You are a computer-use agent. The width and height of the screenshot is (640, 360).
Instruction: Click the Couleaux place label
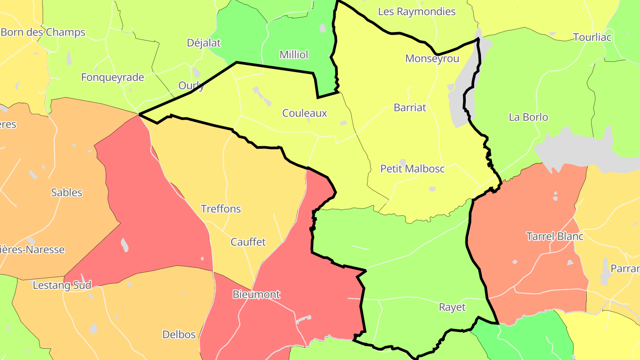(x=304, y=113)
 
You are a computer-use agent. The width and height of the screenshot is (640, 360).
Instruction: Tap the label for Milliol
(x=294, y=55)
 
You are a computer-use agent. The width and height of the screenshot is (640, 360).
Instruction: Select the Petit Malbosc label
(x=412, y=169)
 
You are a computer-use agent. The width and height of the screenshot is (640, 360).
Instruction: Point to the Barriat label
(x=410, y=108)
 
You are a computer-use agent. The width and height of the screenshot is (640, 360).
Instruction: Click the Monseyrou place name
(x=432, y=59)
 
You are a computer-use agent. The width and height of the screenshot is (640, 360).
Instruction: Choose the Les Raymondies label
(x=417, y=12)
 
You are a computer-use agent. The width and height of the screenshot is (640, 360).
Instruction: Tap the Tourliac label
(x=592, y=37)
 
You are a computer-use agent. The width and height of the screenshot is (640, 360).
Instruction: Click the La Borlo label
(x=528, y=117)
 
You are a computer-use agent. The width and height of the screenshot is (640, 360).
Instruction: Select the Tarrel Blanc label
(x=555, y=236)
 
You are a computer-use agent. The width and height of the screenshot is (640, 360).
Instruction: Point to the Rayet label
(x=452, y=307)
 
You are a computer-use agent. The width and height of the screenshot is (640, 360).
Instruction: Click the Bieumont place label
(x=256, y=294)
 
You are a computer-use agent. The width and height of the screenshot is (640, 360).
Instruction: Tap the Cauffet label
(x=248, y=242)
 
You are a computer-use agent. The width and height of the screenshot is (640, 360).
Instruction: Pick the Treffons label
(x=221, y=209)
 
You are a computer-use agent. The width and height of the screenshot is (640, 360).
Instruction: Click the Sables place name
(x=67, y=192)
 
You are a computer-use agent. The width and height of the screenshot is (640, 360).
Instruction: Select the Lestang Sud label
(x=62, y=285)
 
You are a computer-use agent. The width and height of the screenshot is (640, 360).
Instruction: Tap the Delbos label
(x=179, y=335)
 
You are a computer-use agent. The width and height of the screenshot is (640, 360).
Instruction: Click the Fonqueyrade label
(x=112, y=77)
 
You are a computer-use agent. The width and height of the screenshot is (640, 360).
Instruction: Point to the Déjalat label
(x=204, y=43)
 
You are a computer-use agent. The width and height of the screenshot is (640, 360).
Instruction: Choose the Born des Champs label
(x=43, y=32)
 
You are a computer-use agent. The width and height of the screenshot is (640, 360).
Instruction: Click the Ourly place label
(x=191, y=85)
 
